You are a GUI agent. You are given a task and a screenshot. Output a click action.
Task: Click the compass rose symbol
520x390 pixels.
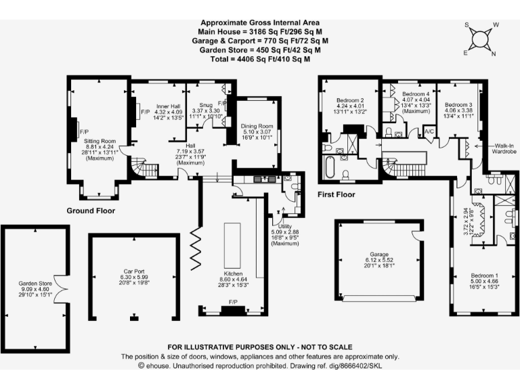click(481, 39)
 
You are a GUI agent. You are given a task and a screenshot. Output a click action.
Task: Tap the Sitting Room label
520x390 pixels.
click(100, 142)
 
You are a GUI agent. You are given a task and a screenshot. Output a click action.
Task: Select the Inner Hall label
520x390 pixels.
click(168, 106)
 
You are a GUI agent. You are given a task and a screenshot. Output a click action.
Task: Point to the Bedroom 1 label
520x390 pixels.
click(485, 276)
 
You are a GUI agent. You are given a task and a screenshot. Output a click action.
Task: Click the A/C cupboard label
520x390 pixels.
click(429, 131)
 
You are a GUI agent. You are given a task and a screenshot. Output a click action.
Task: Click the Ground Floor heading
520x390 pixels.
click(90, 211)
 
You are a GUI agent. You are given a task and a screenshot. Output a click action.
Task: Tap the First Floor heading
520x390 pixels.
click(337, 194)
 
